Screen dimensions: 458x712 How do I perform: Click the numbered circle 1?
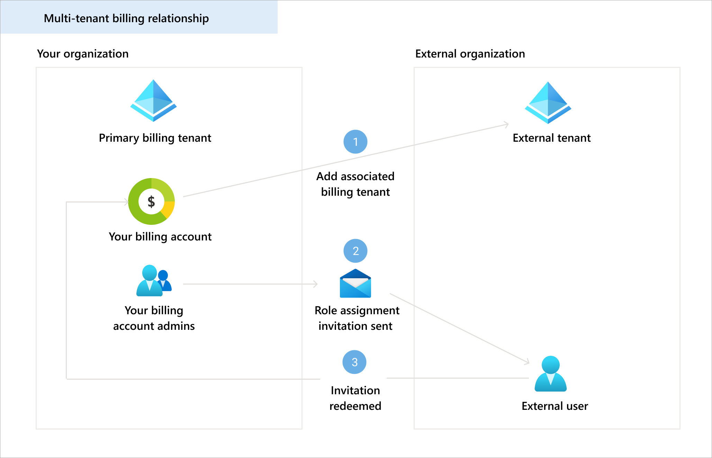[355, 142]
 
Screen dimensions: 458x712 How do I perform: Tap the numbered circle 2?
[355, 251]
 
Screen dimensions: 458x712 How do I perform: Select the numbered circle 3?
[354, 362]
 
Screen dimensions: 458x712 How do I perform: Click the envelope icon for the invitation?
[355, 284]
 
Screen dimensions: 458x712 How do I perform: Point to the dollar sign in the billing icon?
[151, 201]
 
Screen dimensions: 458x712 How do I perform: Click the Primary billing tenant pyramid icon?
[153, 101]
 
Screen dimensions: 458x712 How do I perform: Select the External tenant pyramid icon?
[548, 103]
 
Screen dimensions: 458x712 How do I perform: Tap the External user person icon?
[550, 374]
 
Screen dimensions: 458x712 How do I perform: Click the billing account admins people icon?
[154, 281]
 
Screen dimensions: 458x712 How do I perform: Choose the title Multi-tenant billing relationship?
[126, 18]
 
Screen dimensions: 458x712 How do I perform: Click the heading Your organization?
[83, 54]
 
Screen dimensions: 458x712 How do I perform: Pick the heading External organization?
[470, 54]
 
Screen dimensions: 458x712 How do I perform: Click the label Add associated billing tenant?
[355, 184]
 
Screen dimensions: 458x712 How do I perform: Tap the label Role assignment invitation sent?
[357, 318]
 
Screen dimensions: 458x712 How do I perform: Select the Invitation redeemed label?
[355, 398]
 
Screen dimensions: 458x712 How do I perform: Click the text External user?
[555, 406]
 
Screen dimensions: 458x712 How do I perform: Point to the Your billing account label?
[160, 237]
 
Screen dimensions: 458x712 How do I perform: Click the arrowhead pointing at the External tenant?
[507, 124]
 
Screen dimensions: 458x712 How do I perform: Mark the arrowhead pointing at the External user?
[528, 362]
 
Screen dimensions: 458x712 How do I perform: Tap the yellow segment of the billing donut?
[169, 209]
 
